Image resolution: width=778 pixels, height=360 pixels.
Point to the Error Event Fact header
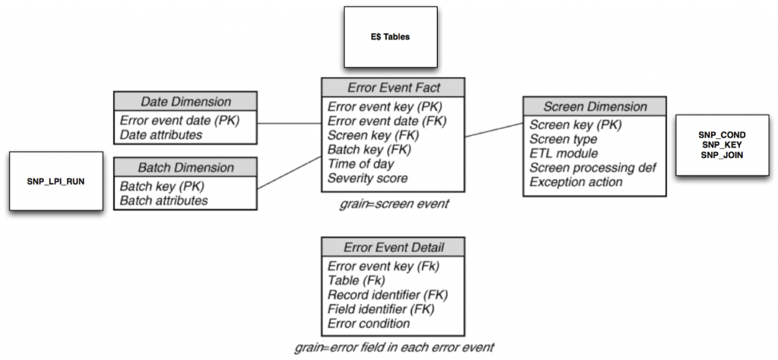pos(392,87)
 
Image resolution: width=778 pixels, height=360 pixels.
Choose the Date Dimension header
pos(185,102)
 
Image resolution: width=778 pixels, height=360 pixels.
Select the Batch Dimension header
pos(185,167)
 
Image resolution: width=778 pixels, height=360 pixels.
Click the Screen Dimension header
pos(595,107)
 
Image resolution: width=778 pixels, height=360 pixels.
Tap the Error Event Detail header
pos(393,248)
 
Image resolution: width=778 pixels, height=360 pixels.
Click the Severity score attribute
pos(368,178)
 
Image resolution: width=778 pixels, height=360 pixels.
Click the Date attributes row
pos(161,134)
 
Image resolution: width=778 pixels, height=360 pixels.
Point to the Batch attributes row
pos(163,200)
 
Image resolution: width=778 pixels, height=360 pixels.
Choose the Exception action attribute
pos(576,182)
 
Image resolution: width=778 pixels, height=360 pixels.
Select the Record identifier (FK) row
pos(387,295)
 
